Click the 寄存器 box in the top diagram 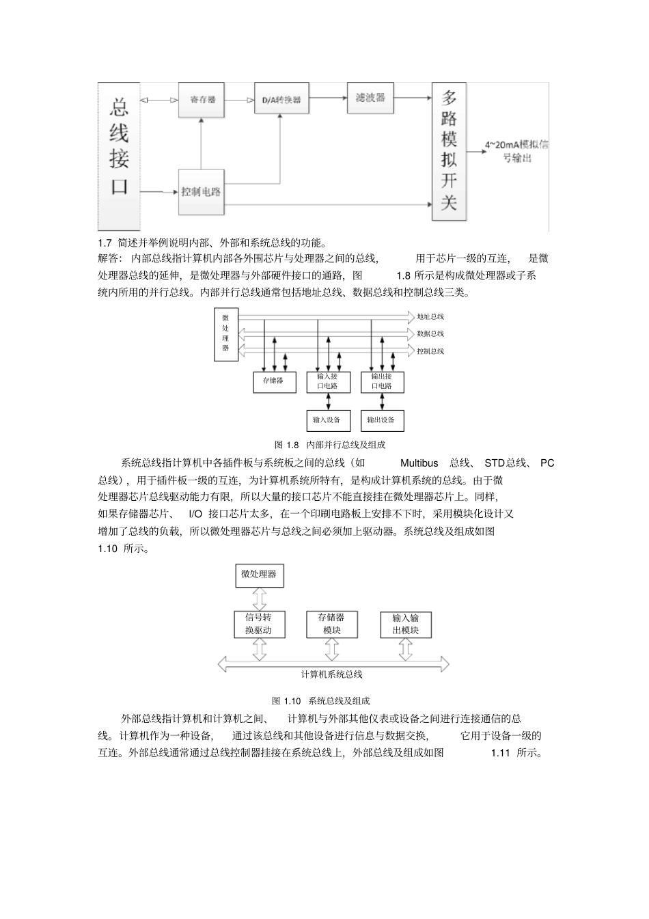click(202, 100)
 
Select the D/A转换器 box click(281, 100)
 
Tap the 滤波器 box click(370, 98)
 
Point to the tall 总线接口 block click(120, 156)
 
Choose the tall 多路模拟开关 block click(450, 152)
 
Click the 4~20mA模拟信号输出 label click(516, 151)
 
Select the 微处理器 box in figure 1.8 click(225, 333)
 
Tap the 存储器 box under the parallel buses click(274, 381)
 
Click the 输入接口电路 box click(328, 381)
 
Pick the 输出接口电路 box click(382, 381)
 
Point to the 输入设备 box click(328, 420)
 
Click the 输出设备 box click(382, 420)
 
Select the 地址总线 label click(430, 316)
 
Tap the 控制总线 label click(430, 351)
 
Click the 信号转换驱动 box click(259, 623)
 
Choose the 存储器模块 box click(332, 623)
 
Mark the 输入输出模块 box click(405, 623)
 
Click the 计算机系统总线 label click(332, 674)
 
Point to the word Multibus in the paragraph click(419, 463)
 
